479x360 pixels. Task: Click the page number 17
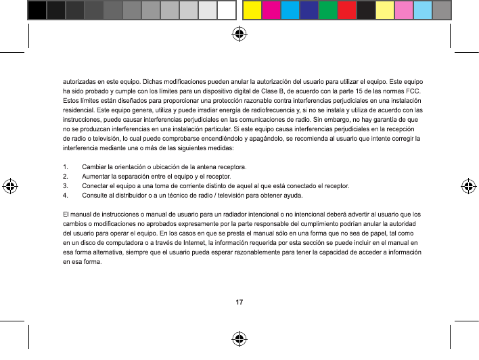[239, 301]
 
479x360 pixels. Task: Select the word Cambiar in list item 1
[94, 166]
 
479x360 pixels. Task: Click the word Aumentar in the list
[96, 176]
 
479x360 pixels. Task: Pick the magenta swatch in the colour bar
[271, 10]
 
